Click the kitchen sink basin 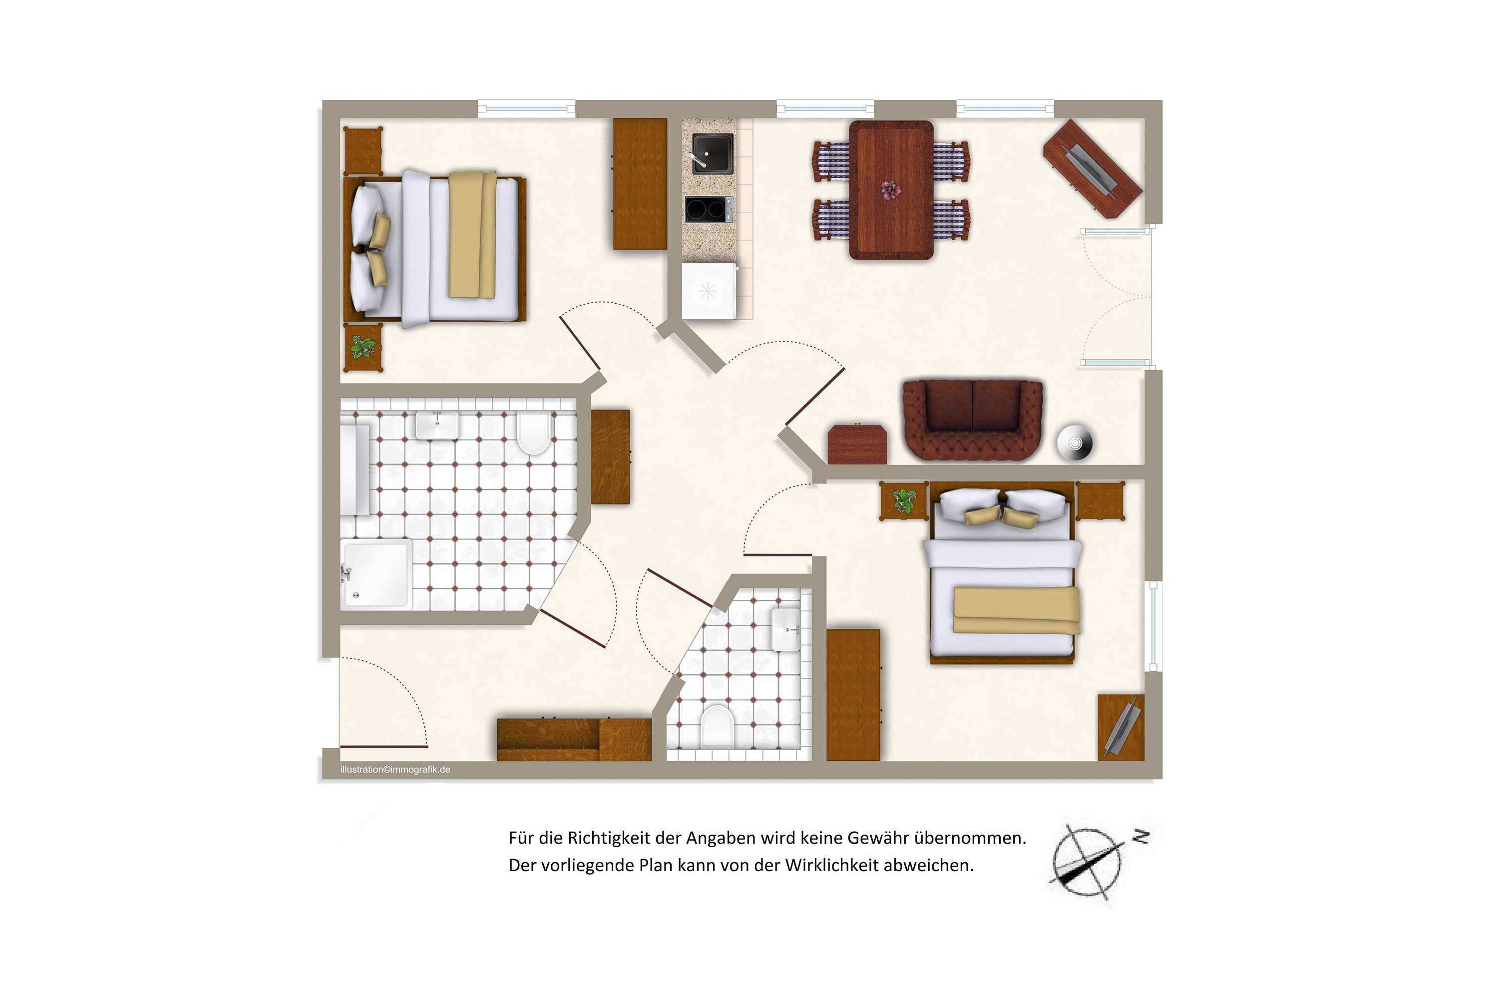click(713, 153)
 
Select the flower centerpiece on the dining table click(891, 189)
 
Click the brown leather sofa click(973, 420)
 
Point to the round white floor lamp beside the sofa click(1075, 442)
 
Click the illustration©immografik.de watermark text click(395, 770)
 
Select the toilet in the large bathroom click(534, 432)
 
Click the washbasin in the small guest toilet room click(786, 629)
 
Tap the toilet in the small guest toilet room click(717, 726)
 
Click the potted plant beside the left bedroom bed click(363, 347)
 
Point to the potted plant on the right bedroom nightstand click(903, 501)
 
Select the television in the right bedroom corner click(1121, 726)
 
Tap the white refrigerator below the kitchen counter click(710, 291)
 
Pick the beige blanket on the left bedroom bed click(472, 234)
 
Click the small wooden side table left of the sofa click(857, 444)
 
